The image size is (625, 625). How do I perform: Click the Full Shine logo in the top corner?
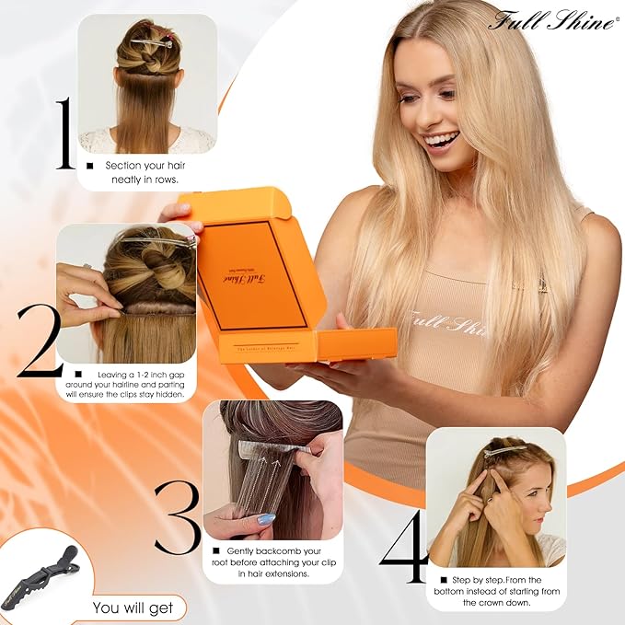551,19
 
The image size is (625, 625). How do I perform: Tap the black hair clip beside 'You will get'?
41,575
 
